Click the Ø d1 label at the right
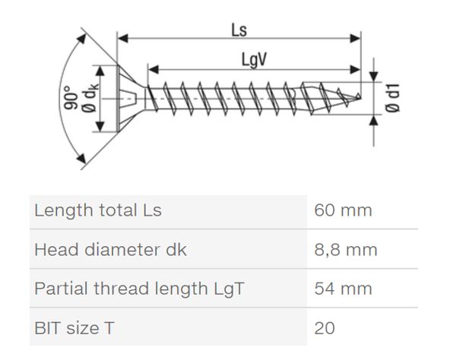(x=394, y=98)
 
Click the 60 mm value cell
(x=343, y=210)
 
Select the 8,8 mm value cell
(x=346, y=249)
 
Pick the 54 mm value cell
(x=343, y=289)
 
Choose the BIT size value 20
(x=325, y=328)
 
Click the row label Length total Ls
(x=98, y=210)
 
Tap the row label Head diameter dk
(x=110, y=249)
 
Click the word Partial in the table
(x=59, y=289)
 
